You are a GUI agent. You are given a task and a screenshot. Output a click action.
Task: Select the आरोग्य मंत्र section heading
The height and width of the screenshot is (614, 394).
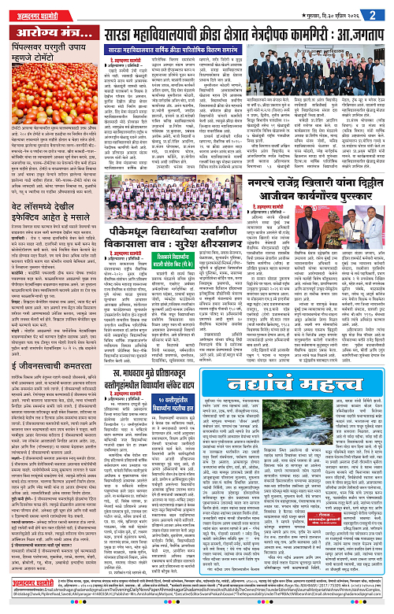[50, 33]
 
